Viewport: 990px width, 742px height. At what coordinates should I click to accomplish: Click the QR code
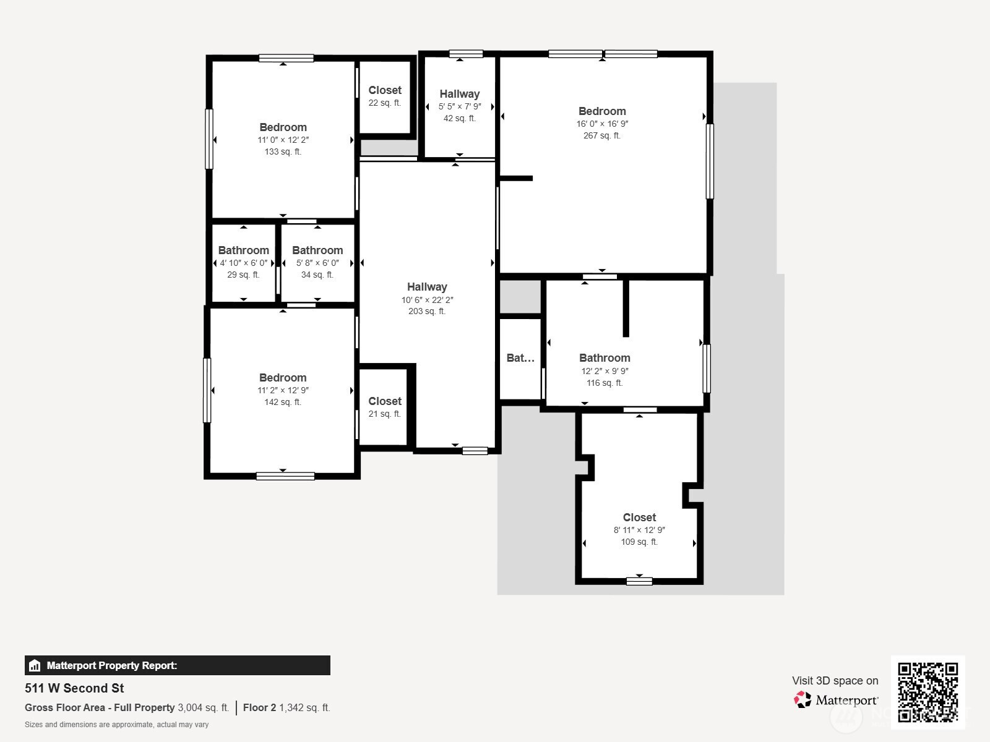coord(928,692)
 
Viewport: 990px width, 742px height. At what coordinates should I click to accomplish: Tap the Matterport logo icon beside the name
coord(803,700)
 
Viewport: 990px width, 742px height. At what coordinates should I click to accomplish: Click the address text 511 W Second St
coord(74,688)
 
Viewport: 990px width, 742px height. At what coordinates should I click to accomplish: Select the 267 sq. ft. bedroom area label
coord(601,135)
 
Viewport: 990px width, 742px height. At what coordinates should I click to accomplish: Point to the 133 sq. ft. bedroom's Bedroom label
coord(283,127)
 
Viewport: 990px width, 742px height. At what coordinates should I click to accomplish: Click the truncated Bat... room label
coord(520,358)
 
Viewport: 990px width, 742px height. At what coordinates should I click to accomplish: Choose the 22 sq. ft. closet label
coord(385,103)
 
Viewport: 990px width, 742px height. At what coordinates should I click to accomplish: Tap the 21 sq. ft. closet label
coord(385,414)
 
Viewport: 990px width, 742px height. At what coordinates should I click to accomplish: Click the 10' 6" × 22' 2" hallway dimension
coord(427,300)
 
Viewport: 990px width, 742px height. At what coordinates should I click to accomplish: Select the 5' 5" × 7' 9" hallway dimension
coord(460,106)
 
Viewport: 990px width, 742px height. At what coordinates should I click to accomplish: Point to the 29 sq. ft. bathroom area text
coord(243,275)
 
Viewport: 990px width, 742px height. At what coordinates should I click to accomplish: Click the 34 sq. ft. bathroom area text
coord(317,275)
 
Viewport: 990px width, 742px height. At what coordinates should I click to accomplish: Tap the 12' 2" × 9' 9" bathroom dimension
coord(605,371)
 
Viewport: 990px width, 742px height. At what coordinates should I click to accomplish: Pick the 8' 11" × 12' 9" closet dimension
coord(639,530)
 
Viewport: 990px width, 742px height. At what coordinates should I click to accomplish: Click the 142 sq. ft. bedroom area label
coord(283,402)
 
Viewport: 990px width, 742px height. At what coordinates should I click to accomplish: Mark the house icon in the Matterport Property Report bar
coord(35,665)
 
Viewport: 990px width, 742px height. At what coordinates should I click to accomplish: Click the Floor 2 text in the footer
coord(259,707)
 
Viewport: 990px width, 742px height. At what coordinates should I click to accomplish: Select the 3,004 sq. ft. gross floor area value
coord(204,707)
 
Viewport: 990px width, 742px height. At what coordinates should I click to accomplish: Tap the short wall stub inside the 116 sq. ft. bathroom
coord(626,308)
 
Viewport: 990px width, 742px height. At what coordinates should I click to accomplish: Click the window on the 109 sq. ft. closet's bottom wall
coord(639,581)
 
